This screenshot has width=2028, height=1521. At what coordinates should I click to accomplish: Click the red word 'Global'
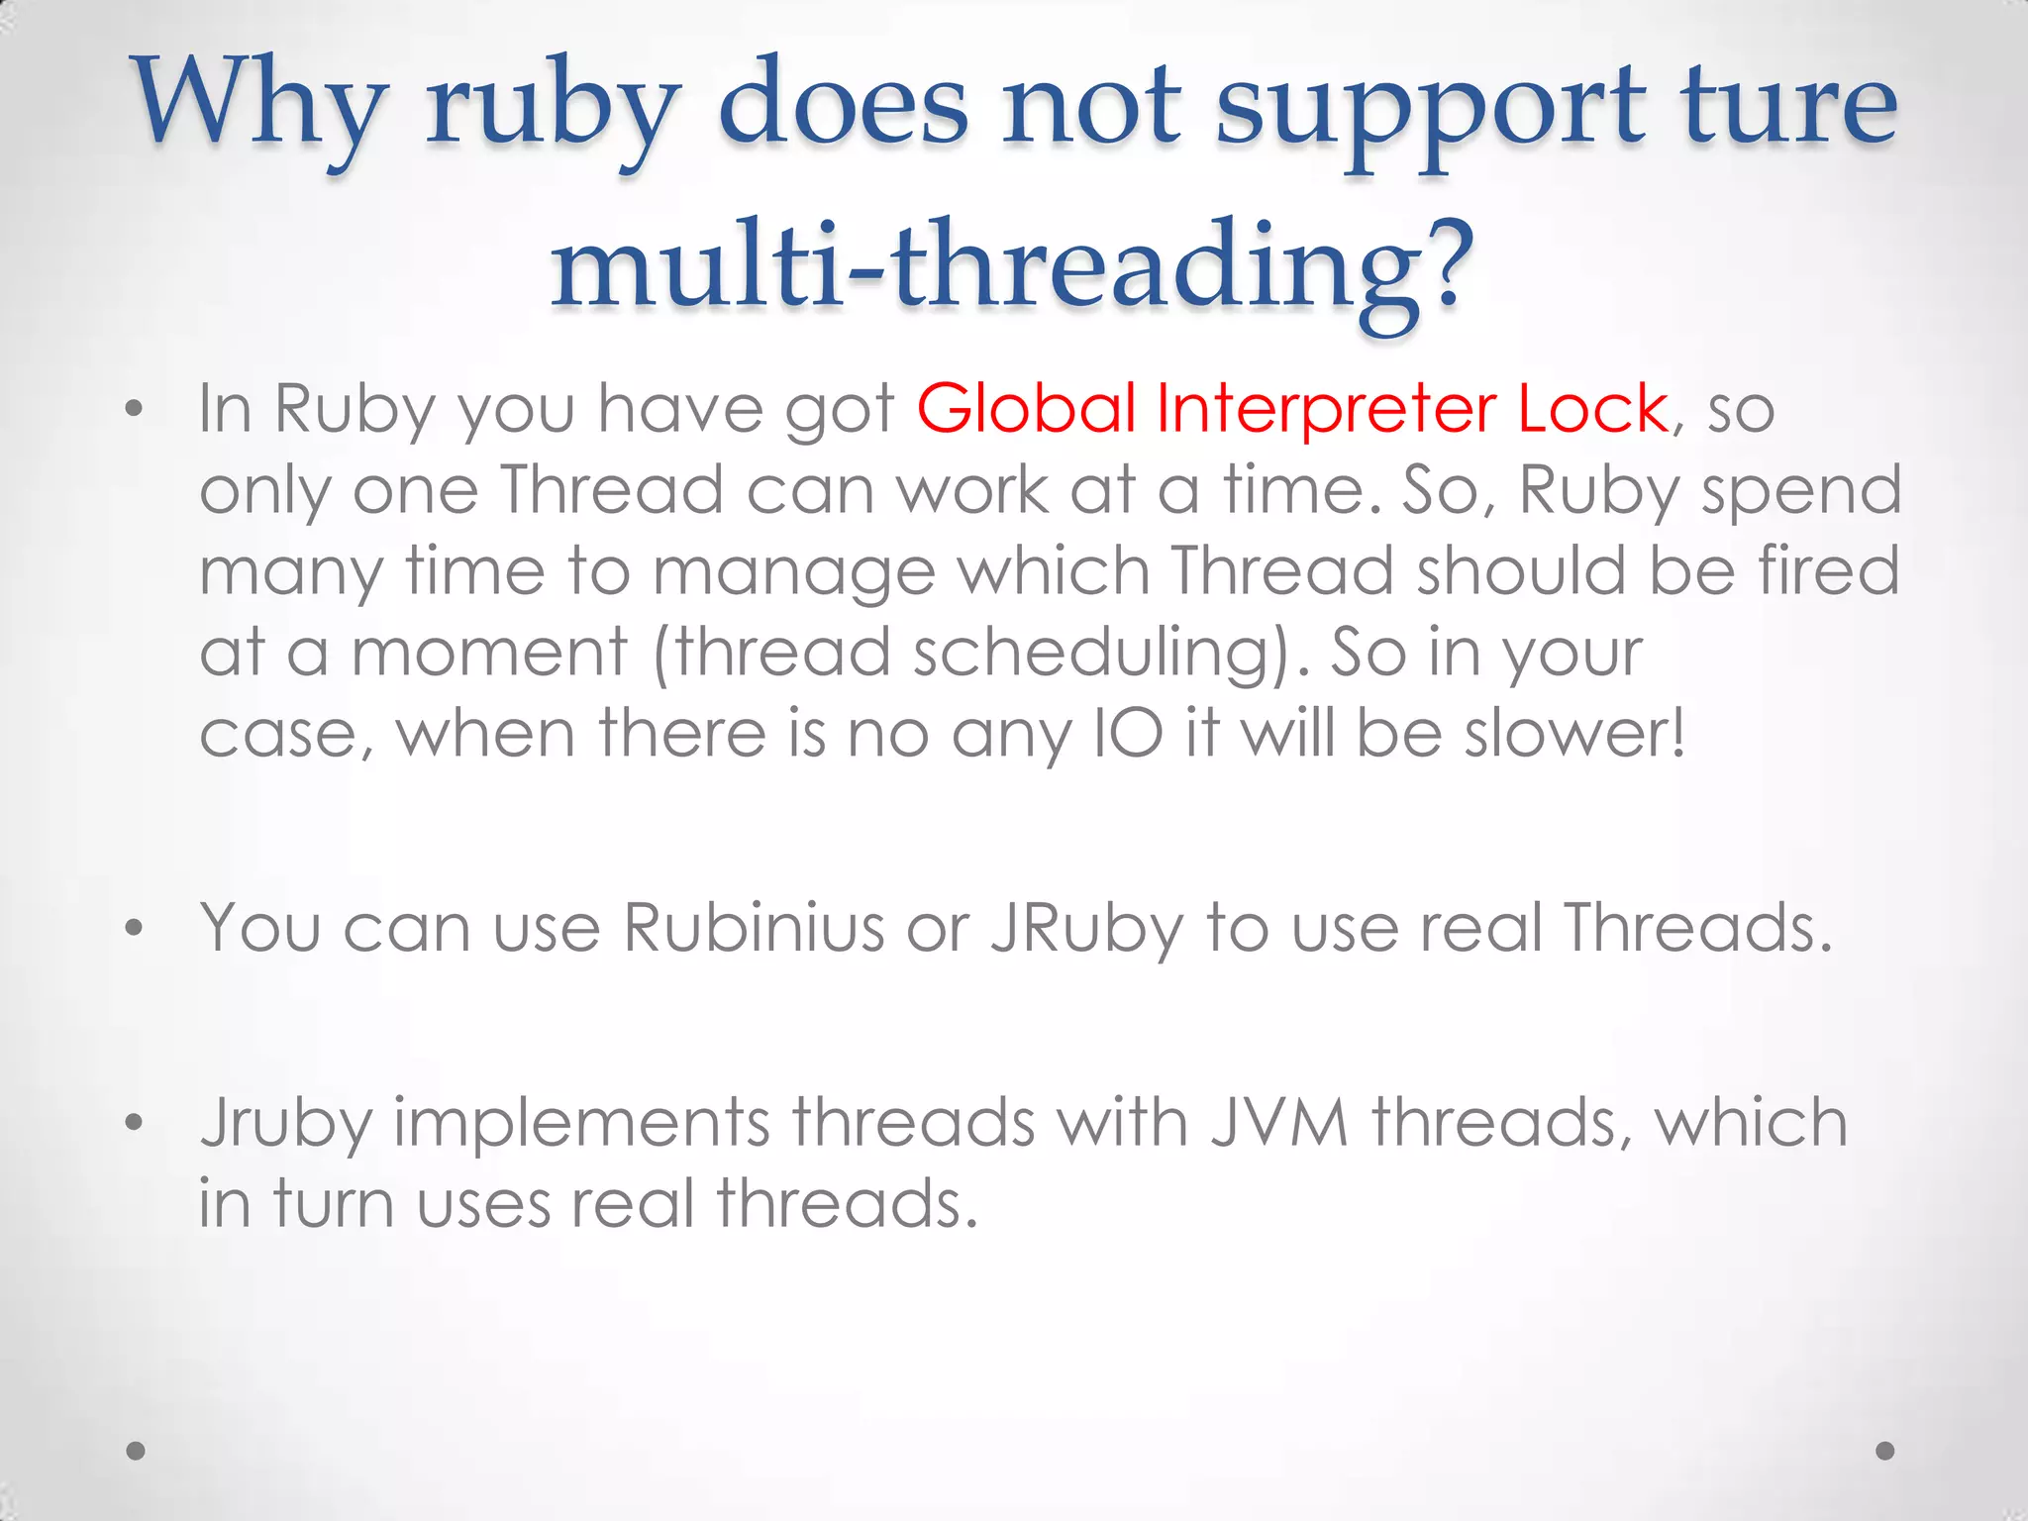pyautogui.click(x=1026, y=408)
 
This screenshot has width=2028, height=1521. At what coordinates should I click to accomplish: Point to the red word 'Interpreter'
pyautogui.click(x=1326, y=408)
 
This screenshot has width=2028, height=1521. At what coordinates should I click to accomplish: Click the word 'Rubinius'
pyautogui.click(x=754, y=928)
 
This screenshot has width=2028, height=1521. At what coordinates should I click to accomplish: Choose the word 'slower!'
pyautogui.click(x=1575, y=734)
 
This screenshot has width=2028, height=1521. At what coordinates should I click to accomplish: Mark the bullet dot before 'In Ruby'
pyautogui.click(x=135, y=408)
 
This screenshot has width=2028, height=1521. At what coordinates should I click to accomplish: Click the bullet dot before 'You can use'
pyautogui.click(x=135, y=928)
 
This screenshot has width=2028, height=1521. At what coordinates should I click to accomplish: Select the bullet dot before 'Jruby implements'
pyautogui.click(x=135, y=1123)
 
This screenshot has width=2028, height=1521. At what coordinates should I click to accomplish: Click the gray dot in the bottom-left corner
pyautogui.click(x=137, y=1451)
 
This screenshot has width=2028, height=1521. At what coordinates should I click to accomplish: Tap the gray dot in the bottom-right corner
pyautogui.click(x=1885, y=1451)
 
